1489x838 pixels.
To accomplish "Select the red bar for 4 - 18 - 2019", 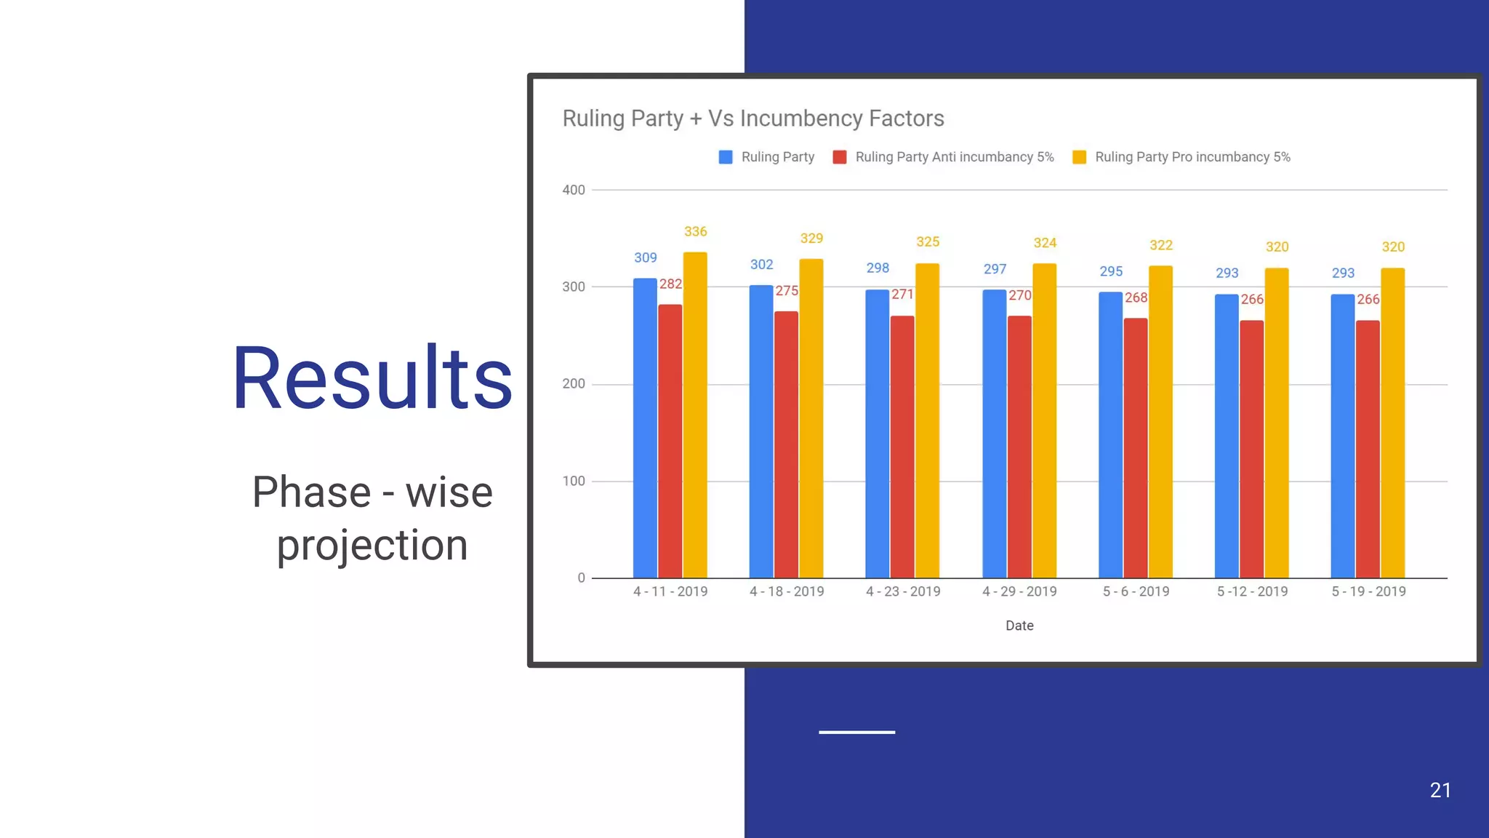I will click(x=786, y=444).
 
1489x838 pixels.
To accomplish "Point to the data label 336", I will click(x=695, y=231).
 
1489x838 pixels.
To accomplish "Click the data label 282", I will click(x=670, y=284).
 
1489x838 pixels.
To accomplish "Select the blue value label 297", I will click(x=995, y=269).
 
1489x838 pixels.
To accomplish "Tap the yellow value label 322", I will click(x=1160, y=245).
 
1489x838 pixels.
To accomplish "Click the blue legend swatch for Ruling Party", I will click(x=726, y=157).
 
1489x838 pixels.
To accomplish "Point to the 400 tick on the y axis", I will click(x=573, y=190).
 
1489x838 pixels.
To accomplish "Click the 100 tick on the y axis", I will click(x=573, y=481).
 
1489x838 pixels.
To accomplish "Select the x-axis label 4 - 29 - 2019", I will click(x=1019, y=591).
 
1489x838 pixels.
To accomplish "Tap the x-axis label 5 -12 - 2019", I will click(x=1252, y=591).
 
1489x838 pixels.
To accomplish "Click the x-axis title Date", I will click(x=1019, y=626).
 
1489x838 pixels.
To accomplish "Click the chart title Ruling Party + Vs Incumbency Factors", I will click(x=752, y=119).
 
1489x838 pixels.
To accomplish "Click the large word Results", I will click(x=372, y=378).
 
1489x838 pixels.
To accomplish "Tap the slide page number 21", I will click(x=1440, y=790).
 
